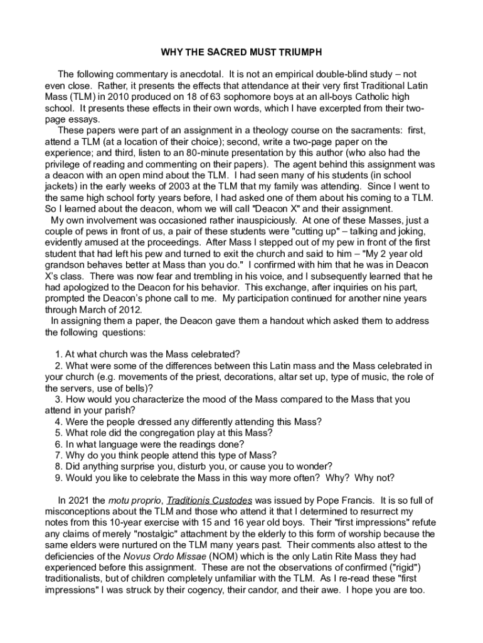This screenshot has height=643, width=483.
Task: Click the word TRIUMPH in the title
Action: [299, 51]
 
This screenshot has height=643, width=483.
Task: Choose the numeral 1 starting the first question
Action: [58, 354]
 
